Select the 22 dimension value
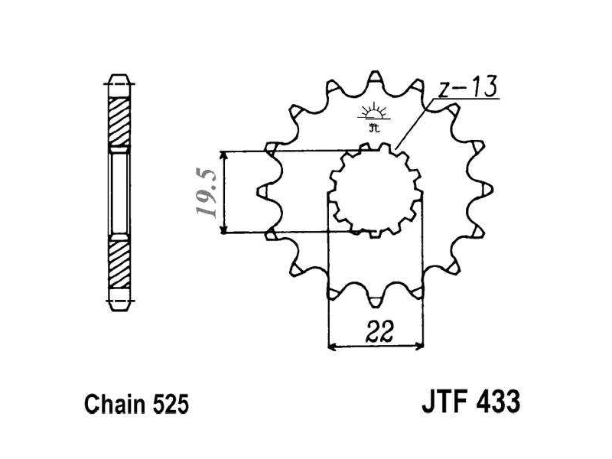tap(376, 334)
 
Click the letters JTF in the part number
tap(442, 402)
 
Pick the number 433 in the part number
tap(498, 402)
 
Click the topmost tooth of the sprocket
tap(375, 78)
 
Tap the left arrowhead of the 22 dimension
tap(332, 346)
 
